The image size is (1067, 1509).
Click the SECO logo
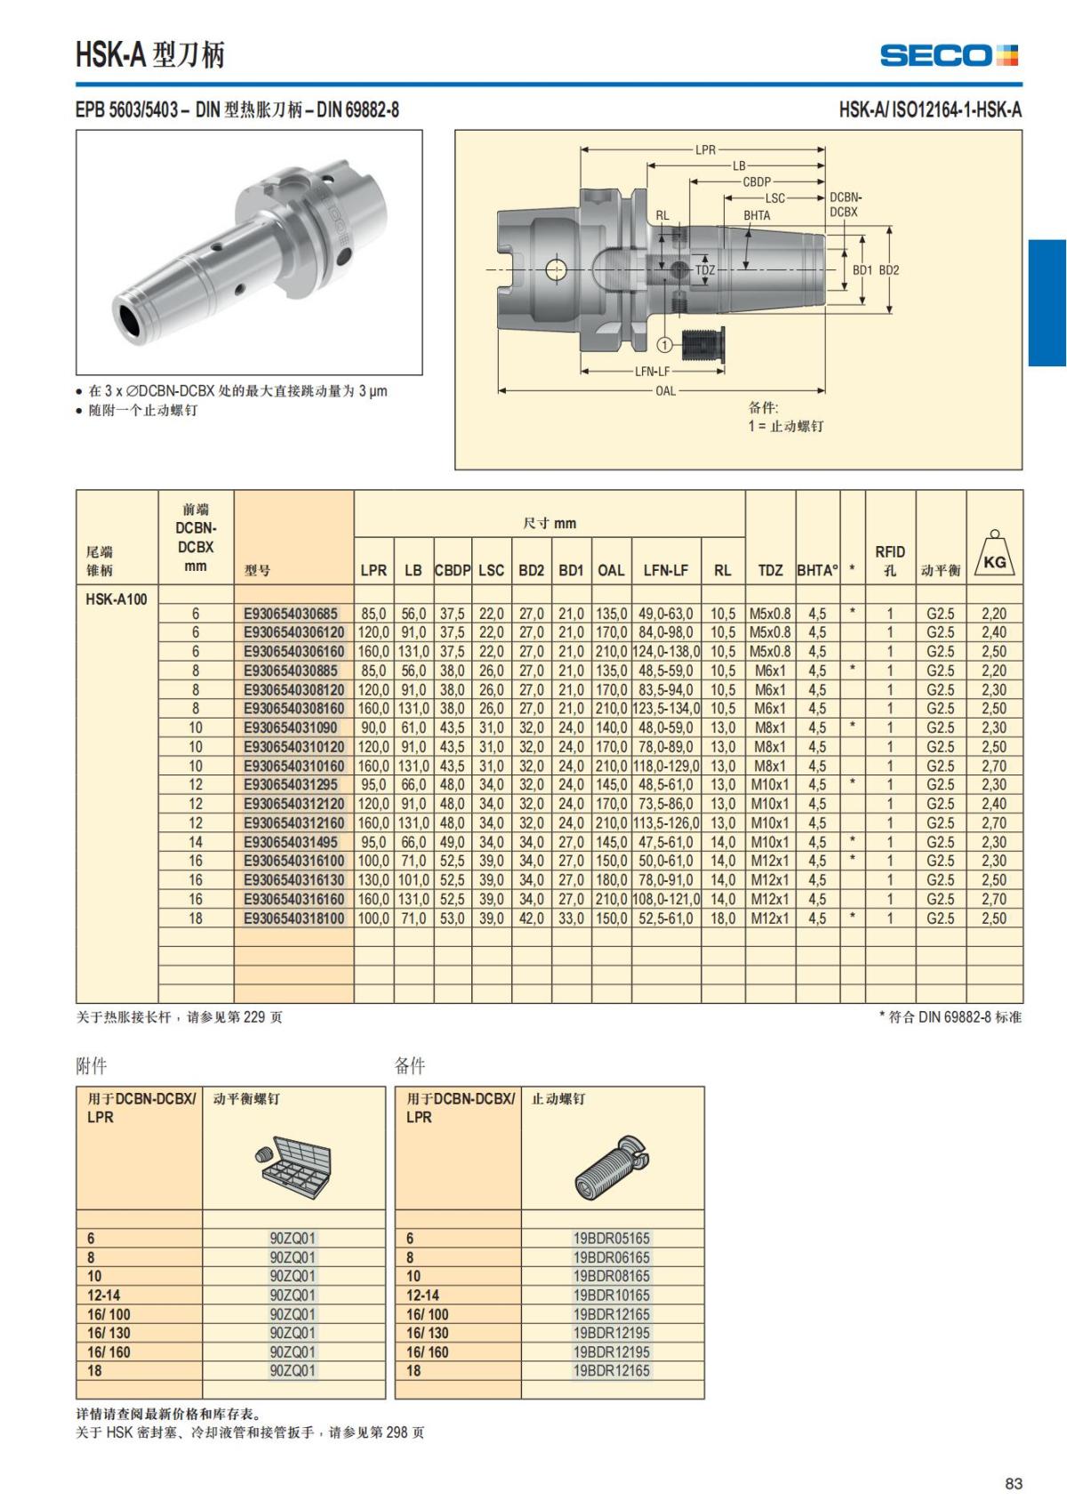click(949, 55)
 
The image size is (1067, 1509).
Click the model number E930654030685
click(291, 614)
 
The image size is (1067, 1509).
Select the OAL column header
click(611, 570)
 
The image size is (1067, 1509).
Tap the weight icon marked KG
click(994, 554)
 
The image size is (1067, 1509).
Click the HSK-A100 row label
click(116, 598)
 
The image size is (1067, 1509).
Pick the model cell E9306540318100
click(293, 919)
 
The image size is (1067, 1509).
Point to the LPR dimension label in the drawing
click(704, 149)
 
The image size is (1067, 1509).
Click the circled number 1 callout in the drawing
click(664, 344)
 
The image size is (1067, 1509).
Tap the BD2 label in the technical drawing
click(889, 269)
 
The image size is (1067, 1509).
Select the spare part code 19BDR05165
click(612, 1238)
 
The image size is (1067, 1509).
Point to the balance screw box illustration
click(294, 1162)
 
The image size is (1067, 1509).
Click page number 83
click(1014, 1483)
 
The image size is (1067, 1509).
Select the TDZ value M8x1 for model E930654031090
click(770, 727)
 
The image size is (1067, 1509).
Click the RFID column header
click(890, 560)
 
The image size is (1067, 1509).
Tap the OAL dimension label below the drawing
click(665, 390)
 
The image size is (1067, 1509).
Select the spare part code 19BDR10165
click(612, 1295)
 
